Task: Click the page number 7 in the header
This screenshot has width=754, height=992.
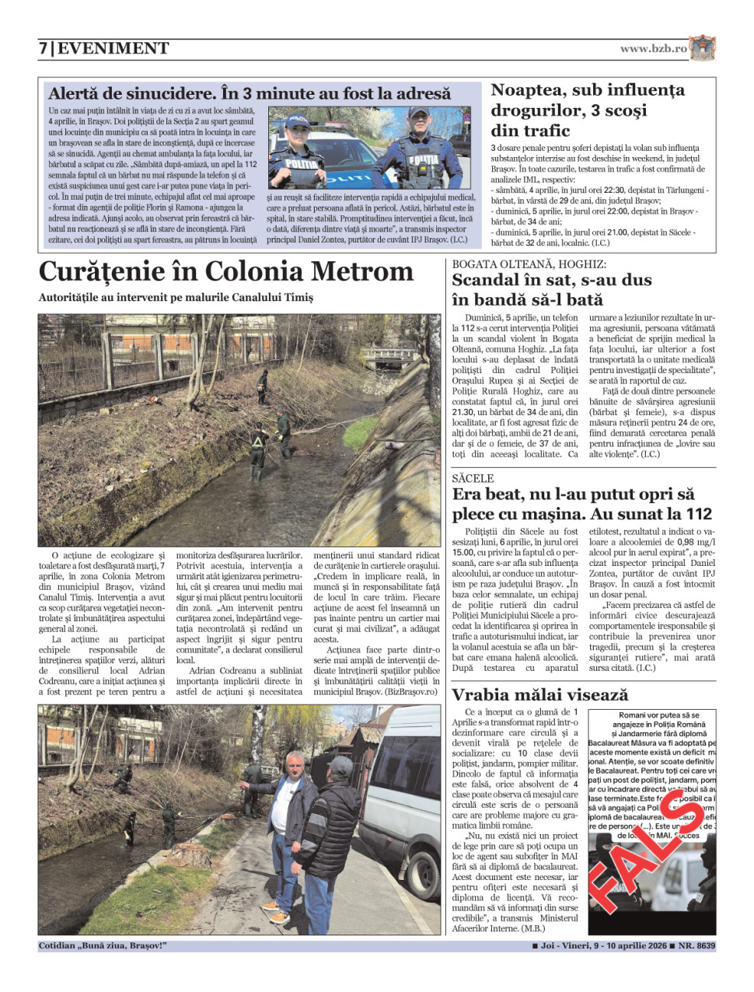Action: click(x=44, y=48)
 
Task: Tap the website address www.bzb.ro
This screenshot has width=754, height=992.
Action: click(x=653, y=48)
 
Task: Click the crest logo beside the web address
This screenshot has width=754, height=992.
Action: click(x=702, y=47)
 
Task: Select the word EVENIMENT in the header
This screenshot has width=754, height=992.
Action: click(x=113, y=48)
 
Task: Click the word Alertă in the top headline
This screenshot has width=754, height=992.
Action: click(x=76, y=93)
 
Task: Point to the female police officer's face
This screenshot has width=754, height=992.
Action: click(x=298, y=136)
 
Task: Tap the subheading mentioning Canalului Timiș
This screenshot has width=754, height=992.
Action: click(x=176, y=297)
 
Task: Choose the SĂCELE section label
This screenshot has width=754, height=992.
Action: click(x=473, y=478)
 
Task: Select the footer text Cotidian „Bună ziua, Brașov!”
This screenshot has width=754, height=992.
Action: click(x=103, y=946)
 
